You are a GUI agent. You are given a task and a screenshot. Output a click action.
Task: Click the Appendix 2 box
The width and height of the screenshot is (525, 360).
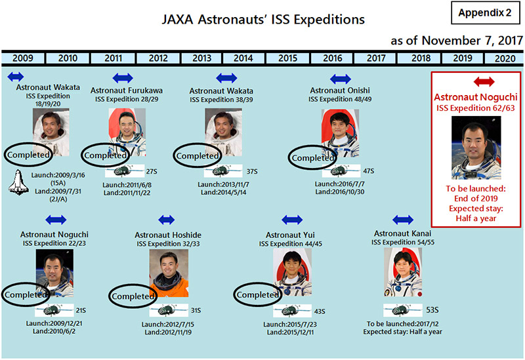pyautogui.click(x=485, y=12)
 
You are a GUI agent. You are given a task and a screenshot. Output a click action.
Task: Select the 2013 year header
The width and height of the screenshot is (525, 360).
pyautogui.click(x=201, y=58)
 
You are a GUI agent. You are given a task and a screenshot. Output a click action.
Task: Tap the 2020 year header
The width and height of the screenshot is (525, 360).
pyautogui.click(x=505, y=58)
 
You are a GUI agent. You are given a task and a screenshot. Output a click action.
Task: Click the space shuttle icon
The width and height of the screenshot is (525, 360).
pyautogui.click(x=18, y=182)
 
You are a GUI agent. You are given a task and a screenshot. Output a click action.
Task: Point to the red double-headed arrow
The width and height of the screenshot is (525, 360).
pyautogui.click(x=484, y=81)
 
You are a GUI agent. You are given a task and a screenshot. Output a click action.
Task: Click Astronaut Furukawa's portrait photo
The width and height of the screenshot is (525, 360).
pyautogui.click(x=127, y=132)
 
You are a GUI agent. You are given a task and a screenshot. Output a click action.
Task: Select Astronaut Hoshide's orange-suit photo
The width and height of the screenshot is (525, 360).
pyautogui.click(x=169, y=273)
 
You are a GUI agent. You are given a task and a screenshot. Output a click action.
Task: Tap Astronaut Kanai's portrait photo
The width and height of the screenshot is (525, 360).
pyautogui.click(x=403, y=272)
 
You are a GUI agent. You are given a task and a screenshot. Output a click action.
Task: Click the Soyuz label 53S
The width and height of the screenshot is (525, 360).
pyautogui.click(x=432, y=310)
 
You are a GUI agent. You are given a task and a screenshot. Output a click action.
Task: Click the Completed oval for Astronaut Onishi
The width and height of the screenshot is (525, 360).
pyautogui.click(x=312, y=157)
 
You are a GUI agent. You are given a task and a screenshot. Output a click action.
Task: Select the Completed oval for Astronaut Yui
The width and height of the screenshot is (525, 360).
pyautogui.click(x=257, y=295)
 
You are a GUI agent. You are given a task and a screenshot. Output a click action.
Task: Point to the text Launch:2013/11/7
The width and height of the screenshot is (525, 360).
pyautogui.click(x=223, y=184)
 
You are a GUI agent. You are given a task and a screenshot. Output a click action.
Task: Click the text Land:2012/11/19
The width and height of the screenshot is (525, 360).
pyautogui.click(x=168, y=332)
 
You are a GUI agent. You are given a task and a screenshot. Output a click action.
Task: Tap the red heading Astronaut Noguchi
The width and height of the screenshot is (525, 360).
pyautogui.click(x=476, y=97)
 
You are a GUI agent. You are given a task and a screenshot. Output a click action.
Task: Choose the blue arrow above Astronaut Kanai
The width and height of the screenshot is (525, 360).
pyautogui.click(x=403, y=220)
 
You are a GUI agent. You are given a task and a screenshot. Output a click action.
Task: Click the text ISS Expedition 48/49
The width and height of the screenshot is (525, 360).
pyautogui.click(x=340, y=99)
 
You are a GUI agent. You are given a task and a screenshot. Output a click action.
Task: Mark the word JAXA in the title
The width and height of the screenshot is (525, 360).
pyautogui.click(x=177, y=20)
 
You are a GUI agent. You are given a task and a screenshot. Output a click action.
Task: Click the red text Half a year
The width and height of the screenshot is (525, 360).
pyautogui.click(x=476, y=218)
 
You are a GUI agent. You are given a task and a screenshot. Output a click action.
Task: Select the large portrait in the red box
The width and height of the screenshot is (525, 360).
pyautogui.click(x=476, y=148)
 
